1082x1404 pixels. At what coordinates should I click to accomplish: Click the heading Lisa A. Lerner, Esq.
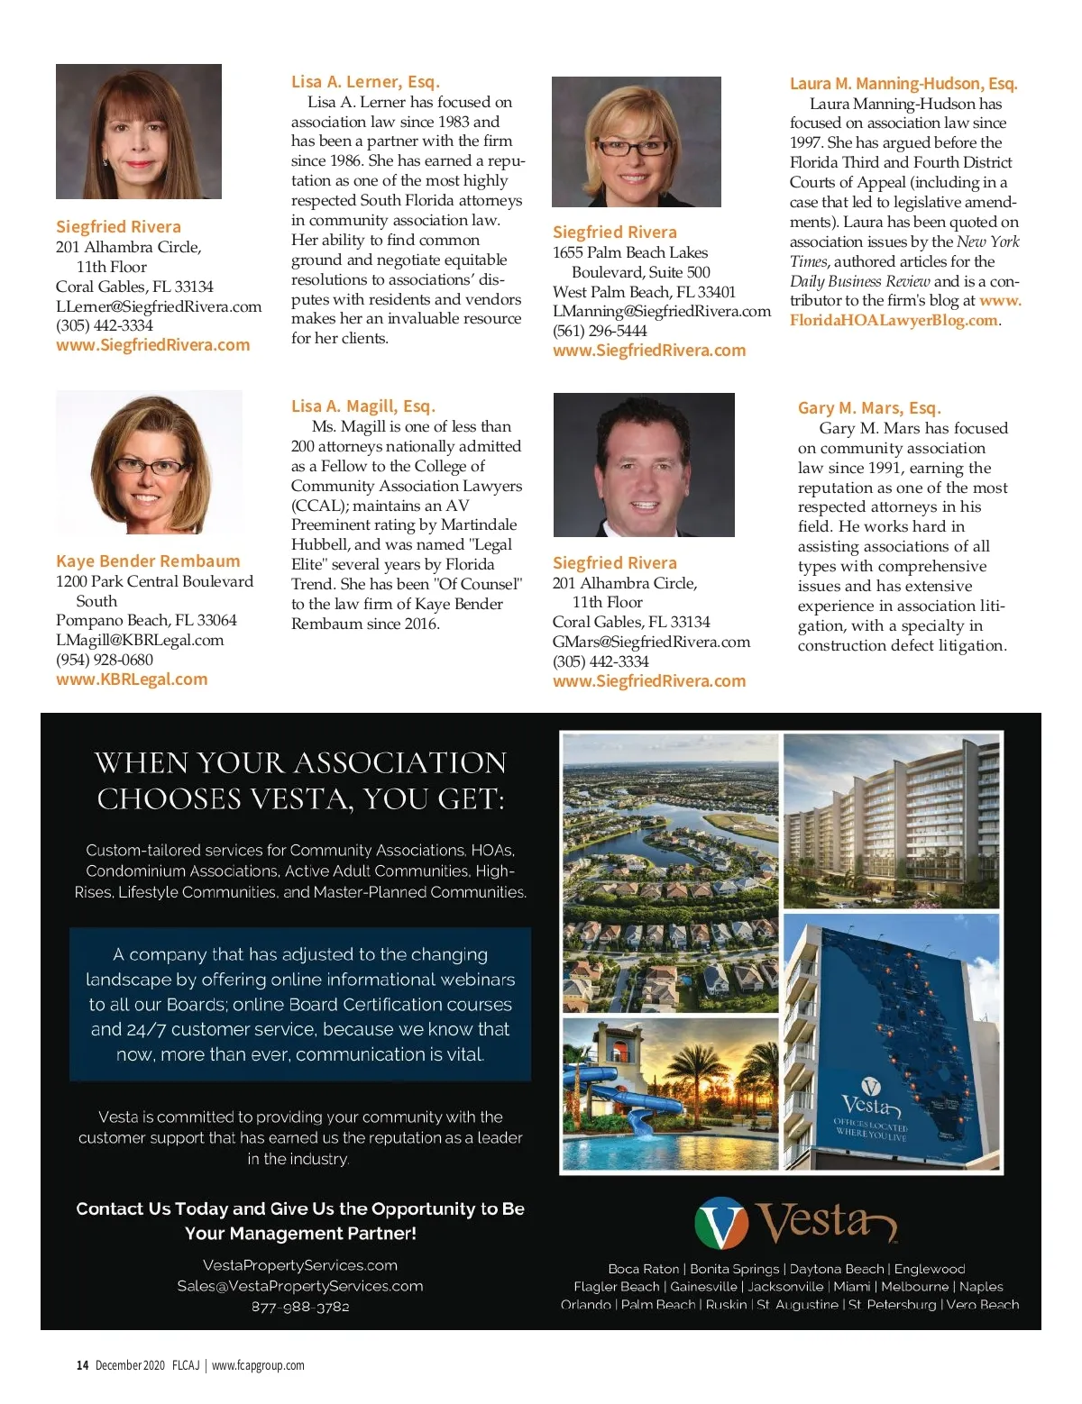pyautogui.click(x=365, y=82)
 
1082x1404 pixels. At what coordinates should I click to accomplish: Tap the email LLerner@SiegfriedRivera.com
pyautogui.click(x=159, y=306)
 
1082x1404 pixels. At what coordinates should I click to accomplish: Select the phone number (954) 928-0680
pyautogui.click(x=105, y=660)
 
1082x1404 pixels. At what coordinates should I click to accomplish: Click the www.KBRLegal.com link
pyautogui.click(x=132, y=679)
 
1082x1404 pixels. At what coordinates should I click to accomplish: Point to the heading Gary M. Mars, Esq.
pyautogui.click(x=868, y=408)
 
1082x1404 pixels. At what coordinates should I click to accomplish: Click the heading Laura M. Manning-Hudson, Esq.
pyautogui.click(x=903, y=84)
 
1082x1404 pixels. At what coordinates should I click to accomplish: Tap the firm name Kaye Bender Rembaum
pyautogui.click(x=148, y=561)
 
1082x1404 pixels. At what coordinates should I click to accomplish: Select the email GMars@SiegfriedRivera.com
pyautogui.click(x=651, y=642)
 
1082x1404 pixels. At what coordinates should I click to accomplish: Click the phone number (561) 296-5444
pyautogui.click(x=600, y=331)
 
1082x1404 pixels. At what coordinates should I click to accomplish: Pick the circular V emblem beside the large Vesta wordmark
pyautogui.click(x=721, y=1223)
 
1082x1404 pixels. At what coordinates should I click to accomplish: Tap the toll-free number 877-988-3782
pyautogui.click(x=300, y=1307)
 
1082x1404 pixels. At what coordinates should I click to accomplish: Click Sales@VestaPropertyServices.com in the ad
pyautogui.click(x=300, y=1286)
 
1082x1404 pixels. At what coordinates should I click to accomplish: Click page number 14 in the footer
pyautogui.click(x=82, y=1365)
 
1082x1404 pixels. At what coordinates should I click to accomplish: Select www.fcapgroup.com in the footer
pyautogui.click(x=258, y=1365)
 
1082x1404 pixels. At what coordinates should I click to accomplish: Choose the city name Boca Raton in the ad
pyautogui.click(x=644, y=1269)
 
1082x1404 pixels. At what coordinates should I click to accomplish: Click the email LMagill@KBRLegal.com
pyautogui.click(x=140, y=640)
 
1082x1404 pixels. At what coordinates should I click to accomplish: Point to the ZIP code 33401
pyautogui.click(x=717, y=292)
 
